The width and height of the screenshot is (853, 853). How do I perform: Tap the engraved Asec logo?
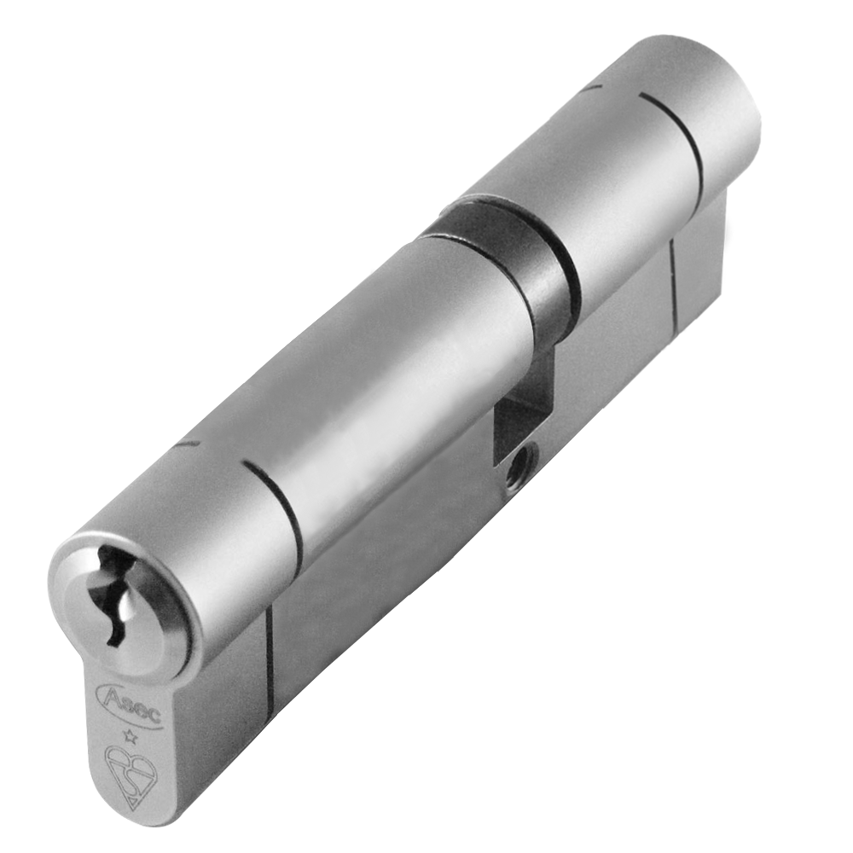tap(130, 704)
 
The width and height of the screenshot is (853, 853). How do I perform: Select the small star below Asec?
tap(130, 737)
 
